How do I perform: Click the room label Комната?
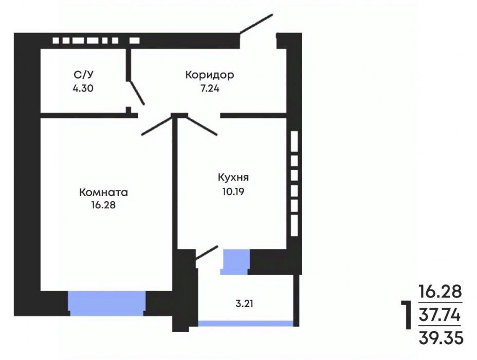point(103,193)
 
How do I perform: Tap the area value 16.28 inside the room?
point(103,205)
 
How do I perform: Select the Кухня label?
point(233,178)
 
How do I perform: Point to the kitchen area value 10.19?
point(233,192)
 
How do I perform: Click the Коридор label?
point(210,75)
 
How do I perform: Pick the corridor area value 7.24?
point(210,88)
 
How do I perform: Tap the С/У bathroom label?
point(83,75)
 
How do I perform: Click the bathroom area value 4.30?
point(83,88)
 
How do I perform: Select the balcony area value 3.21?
point(244,304)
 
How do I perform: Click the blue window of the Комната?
point(106,303)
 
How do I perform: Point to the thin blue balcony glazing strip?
point(246,323)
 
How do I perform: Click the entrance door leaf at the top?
point(256,24)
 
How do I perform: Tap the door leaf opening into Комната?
point(157,125)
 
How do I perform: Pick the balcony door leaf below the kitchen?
point(207,253)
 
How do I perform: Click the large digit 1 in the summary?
point(406,315)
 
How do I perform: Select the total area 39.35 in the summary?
point(441,338)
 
